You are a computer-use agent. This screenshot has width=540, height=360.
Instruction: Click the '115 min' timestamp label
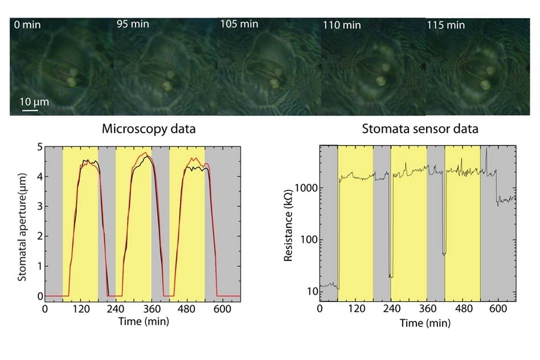pyautogui.click(x=446, y=25)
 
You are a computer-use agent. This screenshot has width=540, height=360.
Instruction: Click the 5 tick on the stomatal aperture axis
pyautogui.click(x=39, y=146)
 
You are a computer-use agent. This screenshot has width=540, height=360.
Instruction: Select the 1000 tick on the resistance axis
pyautogui.click(x=306, y=188)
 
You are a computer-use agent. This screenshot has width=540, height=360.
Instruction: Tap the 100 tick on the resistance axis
pyautogui.click(x=308, y=239)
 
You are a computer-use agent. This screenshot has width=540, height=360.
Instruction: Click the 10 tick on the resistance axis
pyautogui.click(x=311, y=292)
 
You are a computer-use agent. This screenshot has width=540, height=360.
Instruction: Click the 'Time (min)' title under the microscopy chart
pyautogui.click(x=143, y=322)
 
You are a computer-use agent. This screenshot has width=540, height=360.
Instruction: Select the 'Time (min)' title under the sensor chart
pyautogui.click(x=425, y=323)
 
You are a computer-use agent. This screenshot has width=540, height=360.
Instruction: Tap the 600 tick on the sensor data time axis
pyautogui.click(x=498, y=309)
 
